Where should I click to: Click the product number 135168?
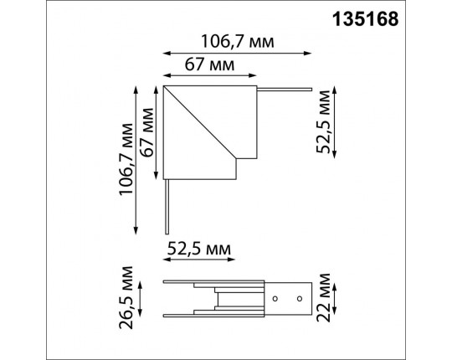pyautogui.click(x=366, y=19)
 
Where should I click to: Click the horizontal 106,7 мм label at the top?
pyautogui.click(x=237, y=42)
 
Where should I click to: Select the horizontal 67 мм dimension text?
pyautogui.click(x=209, y=64)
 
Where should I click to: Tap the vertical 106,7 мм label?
pyautogui.click(x=126, y=159)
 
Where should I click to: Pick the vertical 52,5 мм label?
pyautogui.click(x=322, y=121)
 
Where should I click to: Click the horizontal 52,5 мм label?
pyautogui.click(x=199, y=249)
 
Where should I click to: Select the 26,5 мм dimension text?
pyautogui.click(x=126, y=297)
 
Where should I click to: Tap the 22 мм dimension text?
pyautogui.click(x=323, y=297)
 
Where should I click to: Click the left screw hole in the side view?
pyautogui.click(x=275, y=299)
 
